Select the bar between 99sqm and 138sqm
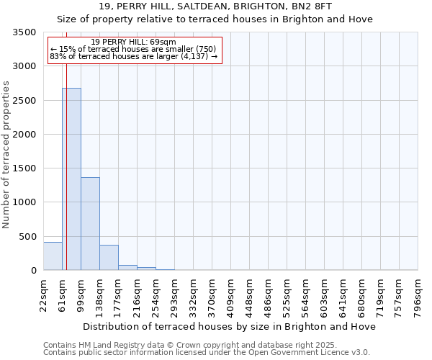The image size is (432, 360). pos(90,223)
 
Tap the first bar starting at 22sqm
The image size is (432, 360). pos(53,256)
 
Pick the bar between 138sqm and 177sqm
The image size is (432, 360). pos(109,258)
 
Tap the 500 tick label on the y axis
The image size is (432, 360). pos(28,237)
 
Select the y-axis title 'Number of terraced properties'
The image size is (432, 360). pos(6,155)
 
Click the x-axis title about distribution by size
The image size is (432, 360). pos(229,326)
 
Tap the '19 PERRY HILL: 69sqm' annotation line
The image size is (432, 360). pos(134,42)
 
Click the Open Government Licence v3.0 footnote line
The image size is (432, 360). pos(207,353)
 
